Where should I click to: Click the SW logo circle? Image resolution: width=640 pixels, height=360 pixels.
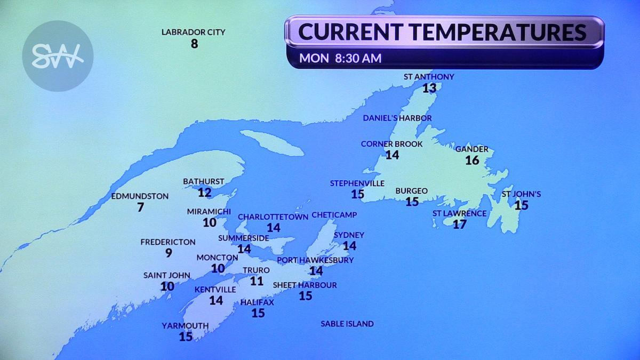pyautogui.click(x=58, y=56)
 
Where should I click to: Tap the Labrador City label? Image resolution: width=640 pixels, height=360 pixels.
pyautogui.click(x=194, y=32)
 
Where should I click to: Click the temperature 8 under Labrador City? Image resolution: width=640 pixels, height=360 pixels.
pyautogui.click(x=194, y=44)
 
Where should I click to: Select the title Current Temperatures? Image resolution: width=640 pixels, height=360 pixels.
pyautogui.click(x=442, y=32)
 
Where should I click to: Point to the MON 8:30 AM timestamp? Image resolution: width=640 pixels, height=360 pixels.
pyautogui.click(x=340, y=58)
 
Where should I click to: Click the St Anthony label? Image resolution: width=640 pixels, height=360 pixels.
pyautogui.click(x=429, y=76)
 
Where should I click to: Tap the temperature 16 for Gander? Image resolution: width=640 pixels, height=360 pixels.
pyautogui.click(x=472, y=160)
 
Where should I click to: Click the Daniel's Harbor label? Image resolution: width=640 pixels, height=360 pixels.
pyautogui.click(x=397, y=118)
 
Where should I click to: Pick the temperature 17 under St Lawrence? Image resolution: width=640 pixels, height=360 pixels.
pyautogui.click(x=459, y=225)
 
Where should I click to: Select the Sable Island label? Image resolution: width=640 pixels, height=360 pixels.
pyautogui.click(x=347, y=324)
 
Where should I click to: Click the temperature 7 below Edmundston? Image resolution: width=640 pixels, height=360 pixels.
pyautogui.click(x=140, y=207)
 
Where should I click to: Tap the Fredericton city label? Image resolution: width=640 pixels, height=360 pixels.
pyautogui.click(x=168, y=242)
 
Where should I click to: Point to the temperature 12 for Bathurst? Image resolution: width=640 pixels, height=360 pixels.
pyautogui.click(x=204, y=193)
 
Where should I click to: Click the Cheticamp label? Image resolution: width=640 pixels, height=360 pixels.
pyautogui.click(x=334, y=214)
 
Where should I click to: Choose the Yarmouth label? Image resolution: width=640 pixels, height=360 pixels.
pyautogui.click(x=186, y=326)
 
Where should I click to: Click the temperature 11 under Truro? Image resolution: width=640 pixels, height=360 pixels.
pyautogui.click(x=257, y=281)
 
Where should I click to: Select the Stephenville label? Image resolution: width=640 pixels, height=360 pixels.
pyautogui.click(x=357, y=183)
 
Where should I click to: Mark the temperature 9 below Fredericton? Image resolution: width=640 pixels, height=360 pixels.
pyautogui.click(x=169, y=253)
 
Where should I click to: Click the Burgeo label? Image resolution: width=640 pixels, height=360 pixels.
pyautogui.click(x=411, y=190)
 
